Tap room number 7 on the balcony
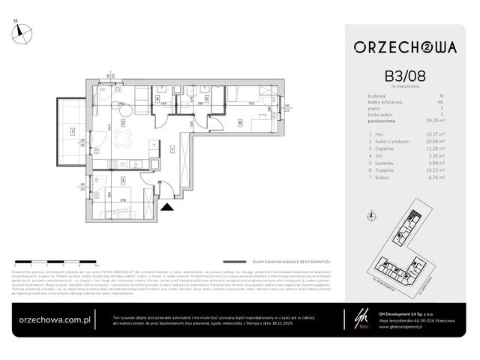(72, 132)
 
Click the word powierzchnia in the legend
(386, 119)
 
